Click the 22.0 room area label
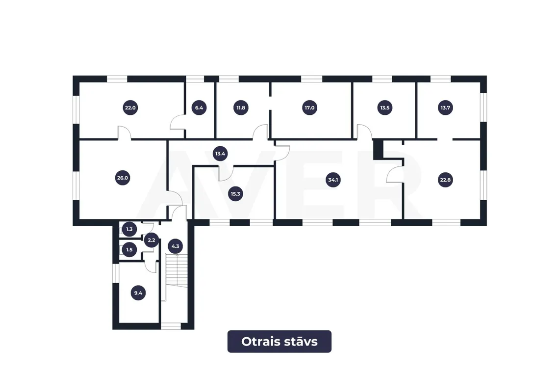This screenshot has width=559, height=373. pyautogui.click(x=130, y=108)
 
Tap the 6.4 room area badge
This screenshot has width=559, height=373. pyautogui.click(x=199, y=108)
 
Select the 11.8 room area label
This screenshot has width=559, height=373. pyautogui.click(x=241, y=108)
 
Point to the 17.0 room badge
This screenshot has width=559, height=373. pyautogui.click(x=309, y=108)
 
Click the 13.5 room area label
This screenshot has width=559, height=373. pyautogui.click(x=384, y=108)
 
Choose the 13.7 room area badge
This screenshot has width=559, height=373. pyautogui.click(x=445, y=108)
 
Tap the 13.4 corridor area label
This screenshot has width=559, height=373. pyautogui.click(x=220, y=154)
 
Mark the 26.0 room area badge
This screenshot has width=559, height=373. pyautogui.click(x=122, y=178)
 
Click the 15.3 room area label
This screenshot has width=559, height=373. pyautogui.click(x=235, y=194)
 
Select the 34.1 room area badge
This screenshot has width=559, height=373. pyautogui.click(x=333, y=180)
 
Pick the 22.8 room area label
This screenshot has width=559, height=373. pyautogui.click(x=445, y=180)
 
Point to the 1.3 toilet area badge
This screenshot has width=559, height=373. pyautogui.click(x=129, y=229)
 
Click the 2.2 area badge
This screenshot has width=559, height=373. pyautogui.click(x=151, y=240)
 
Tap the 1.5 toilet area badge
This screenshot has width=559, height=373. pyautogui.click(x=129, y=250)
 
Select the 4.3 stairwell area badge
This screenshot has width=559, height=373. pyautogui.click(x=175, y=246)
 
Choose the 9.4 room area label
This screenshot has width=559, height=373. pyautogui.click(x=138, y=293)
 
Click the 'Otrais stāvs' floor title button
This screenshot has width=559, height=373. pyautogui.click(x=279, y=342)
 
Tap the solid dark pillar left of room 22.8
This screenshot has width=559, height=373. pyautogui.click(x=378, y=150)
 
